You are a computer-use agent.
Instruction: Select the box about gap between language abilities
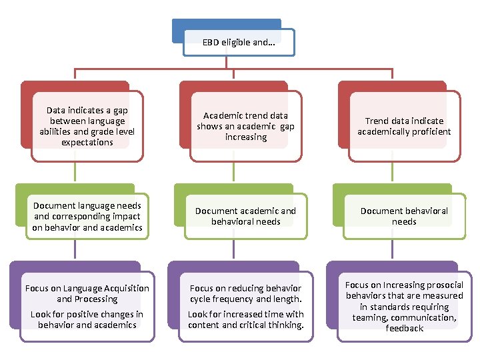[87, 126]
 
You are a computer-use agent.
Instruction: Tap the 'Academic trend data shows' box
[245, 126]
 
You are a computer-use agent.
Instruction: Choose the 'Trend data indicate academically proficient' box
[404, 126]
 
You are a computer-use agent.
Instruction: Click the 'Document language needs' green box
[87, 217]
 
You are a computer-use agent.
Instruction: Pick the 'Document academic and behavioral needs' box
[245, 216]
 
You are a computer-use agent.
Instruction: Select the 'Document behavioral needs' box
[404, 216]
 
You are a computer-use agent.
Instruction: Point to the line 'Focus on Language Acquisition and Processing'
[87, 293]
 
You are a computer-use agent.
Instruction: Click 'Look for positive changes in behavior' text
[87, 319]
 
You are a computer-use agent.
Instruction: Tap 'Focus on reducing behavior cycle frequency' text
[245, 293]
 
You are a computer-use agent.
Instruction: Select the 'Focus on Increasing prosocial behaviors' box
[404, 307]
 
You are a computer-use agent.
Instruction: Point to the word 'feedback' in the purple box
[404, 329]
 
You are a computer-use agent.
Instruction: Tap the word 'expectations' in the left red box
[87, 143]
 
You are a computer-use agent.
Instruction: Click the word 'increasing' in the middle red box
[245, 137]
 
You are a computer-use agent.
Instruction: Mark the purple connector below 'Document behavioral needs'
[392, 250]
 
